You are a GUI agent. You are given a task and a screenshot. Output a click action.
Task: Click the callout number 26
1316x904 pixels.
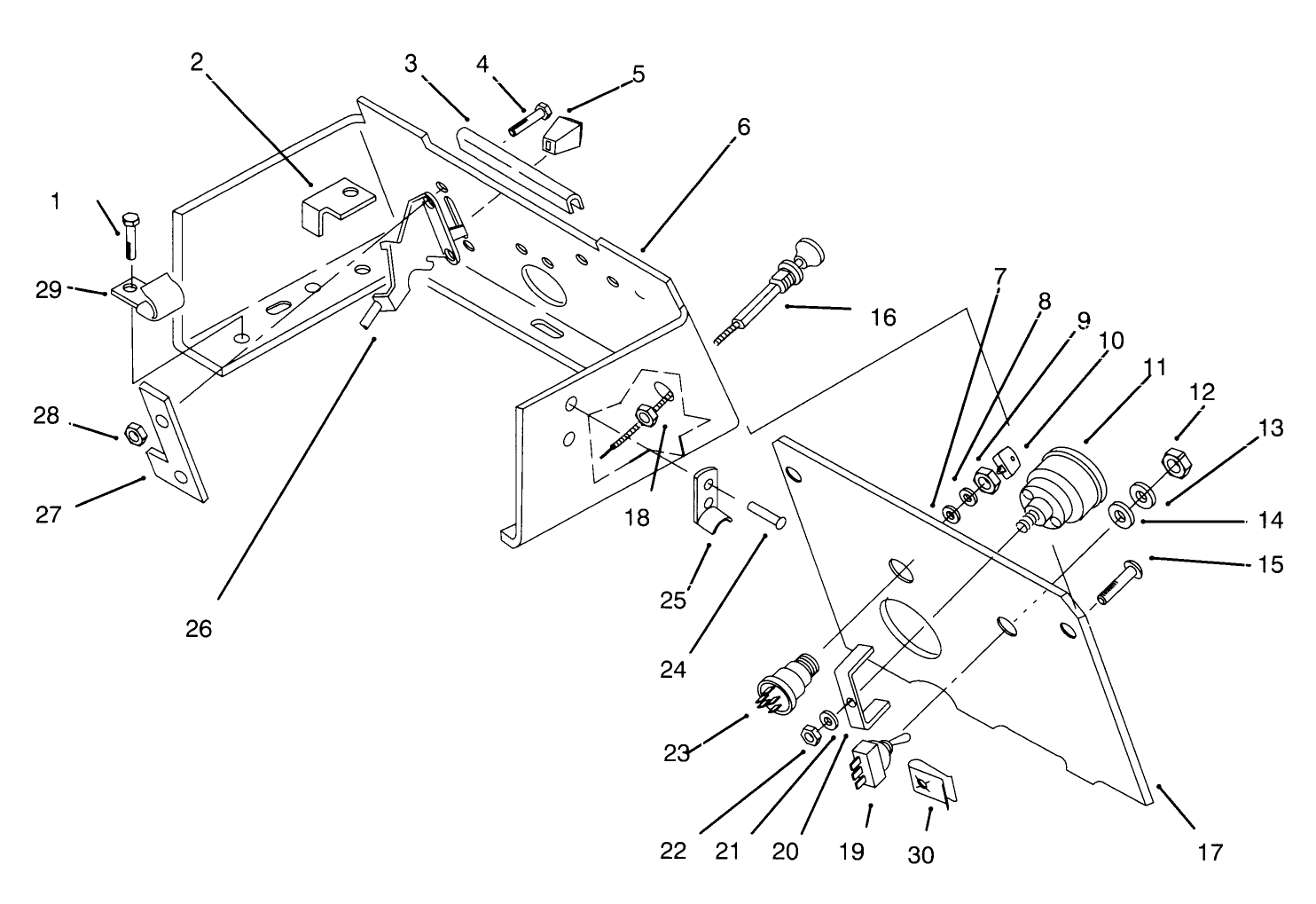pos(199,630)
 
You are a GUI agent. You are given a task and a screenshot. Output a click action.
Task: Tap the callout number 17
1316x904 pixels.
pos(1210,853)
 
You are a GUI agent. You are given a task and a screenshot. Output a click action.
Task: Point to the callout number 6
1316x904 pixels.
pos(744,127)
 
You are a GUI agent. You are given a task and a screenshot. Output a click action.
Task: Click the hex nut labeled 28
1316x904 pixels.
pos(131,435)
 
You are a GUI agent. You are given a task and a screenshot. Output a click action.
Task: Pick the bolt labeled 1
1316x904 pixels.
pos(130,235)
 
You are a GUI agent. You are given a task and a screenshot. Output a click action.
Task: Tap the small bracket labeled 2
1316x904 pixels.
pos(338,205)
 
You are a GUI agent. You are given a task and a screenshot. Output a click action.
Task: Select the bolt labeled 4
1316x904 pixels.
pos(530,118)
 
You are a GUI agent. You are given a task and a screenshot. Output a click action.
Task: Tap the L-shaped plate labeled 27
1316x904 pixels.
pos(174,442)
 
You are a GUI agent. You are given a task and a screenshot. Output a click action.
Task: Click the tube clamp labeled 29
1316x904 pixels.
pos(148,297)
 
